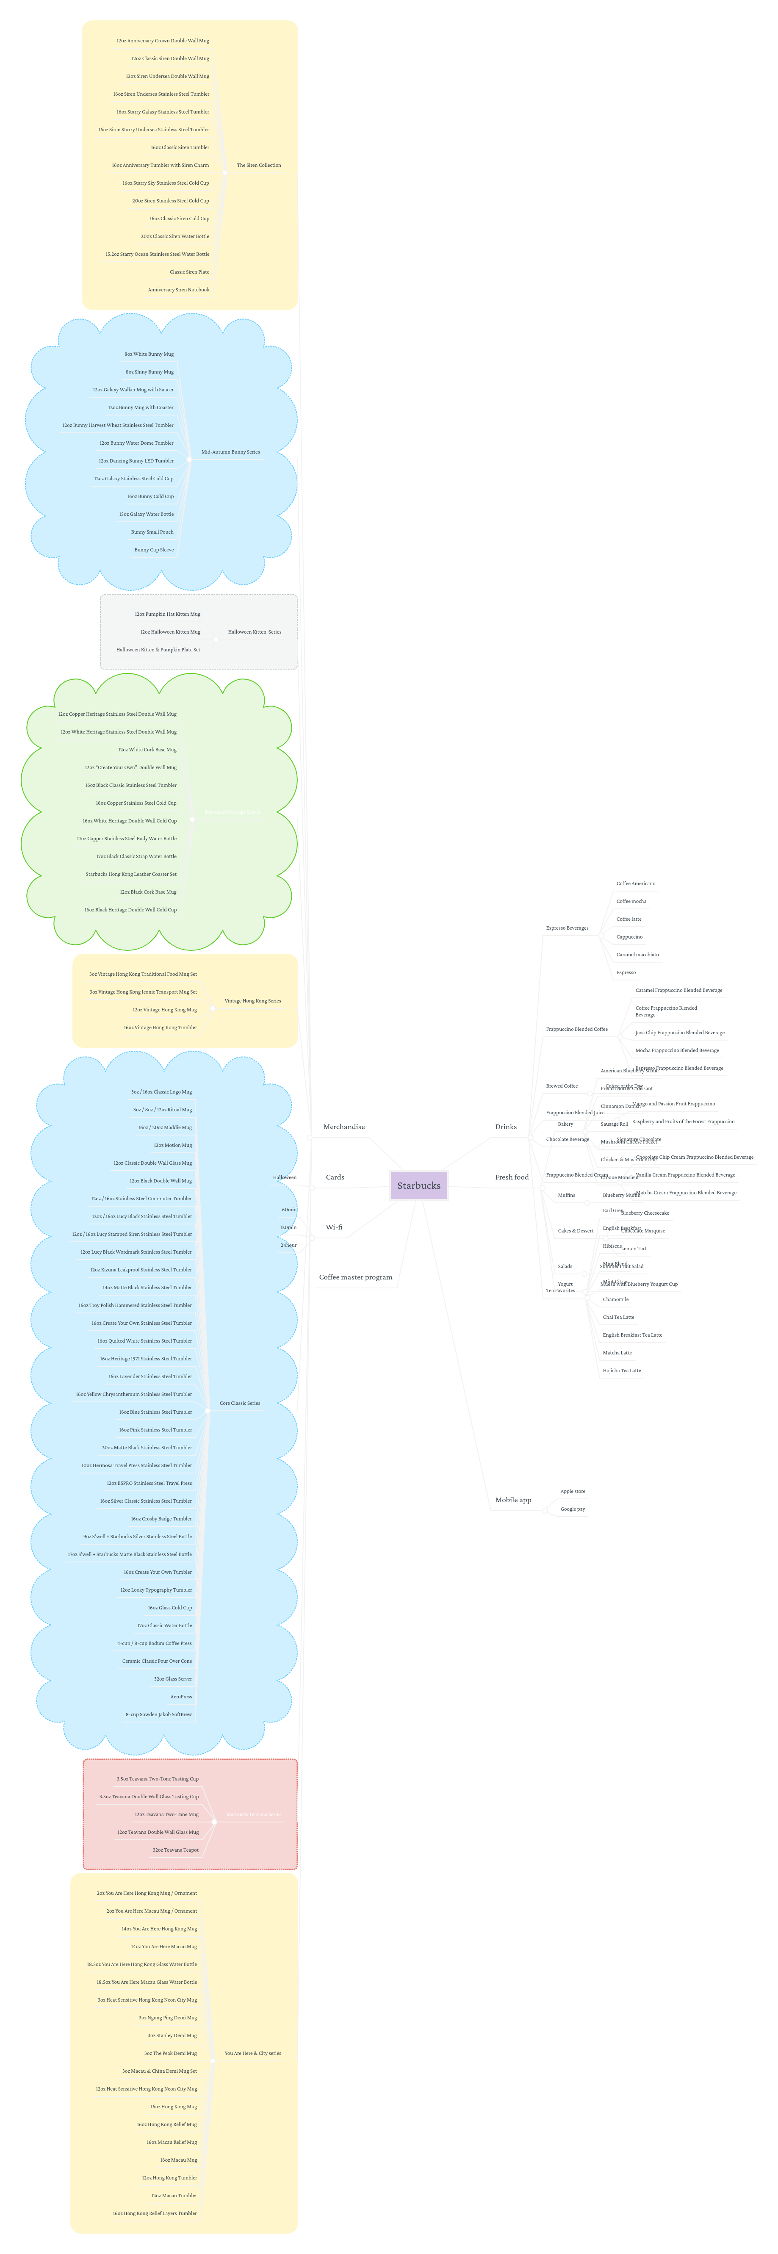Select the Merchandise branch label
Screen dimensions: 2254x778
[344, 1127]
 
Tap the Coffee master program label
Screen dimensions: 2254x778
[355, 1277]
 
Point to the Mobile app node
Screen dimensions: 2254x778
[513, 1500]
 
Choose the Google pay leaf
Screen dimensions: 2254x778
[572, 1509]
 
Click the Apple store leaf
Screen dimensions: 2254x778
[572, 1491]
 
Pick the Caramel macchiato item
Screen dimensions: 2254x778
[637, 955]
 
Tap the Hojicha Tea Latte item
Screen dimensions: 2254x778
[621, 1370]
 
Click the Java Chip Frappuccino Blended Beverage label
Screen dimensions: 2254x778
[679, 1033]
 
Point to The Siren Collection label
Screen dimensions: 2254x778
[259, 165]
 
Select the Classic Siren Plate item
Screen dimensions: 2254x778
[189, 272]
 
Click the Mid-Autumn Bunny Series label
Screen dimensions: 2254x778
[230, 452]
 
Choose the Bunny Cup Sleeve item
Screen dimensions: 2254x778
[154, 549]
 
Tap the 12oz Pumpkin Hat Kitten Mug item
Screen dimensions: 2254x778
[167, 614]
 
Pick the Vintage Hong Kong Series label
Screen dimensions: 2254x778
[252, 1001]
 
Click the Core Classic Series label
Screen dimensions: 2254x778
[240, 1403]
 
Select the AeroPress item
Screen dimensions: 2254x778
[181, 1697]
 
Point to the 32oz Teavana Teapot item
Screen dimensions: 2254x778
[175, 1850]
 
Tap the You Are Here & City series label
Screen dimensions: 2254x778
[253, 2053]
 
